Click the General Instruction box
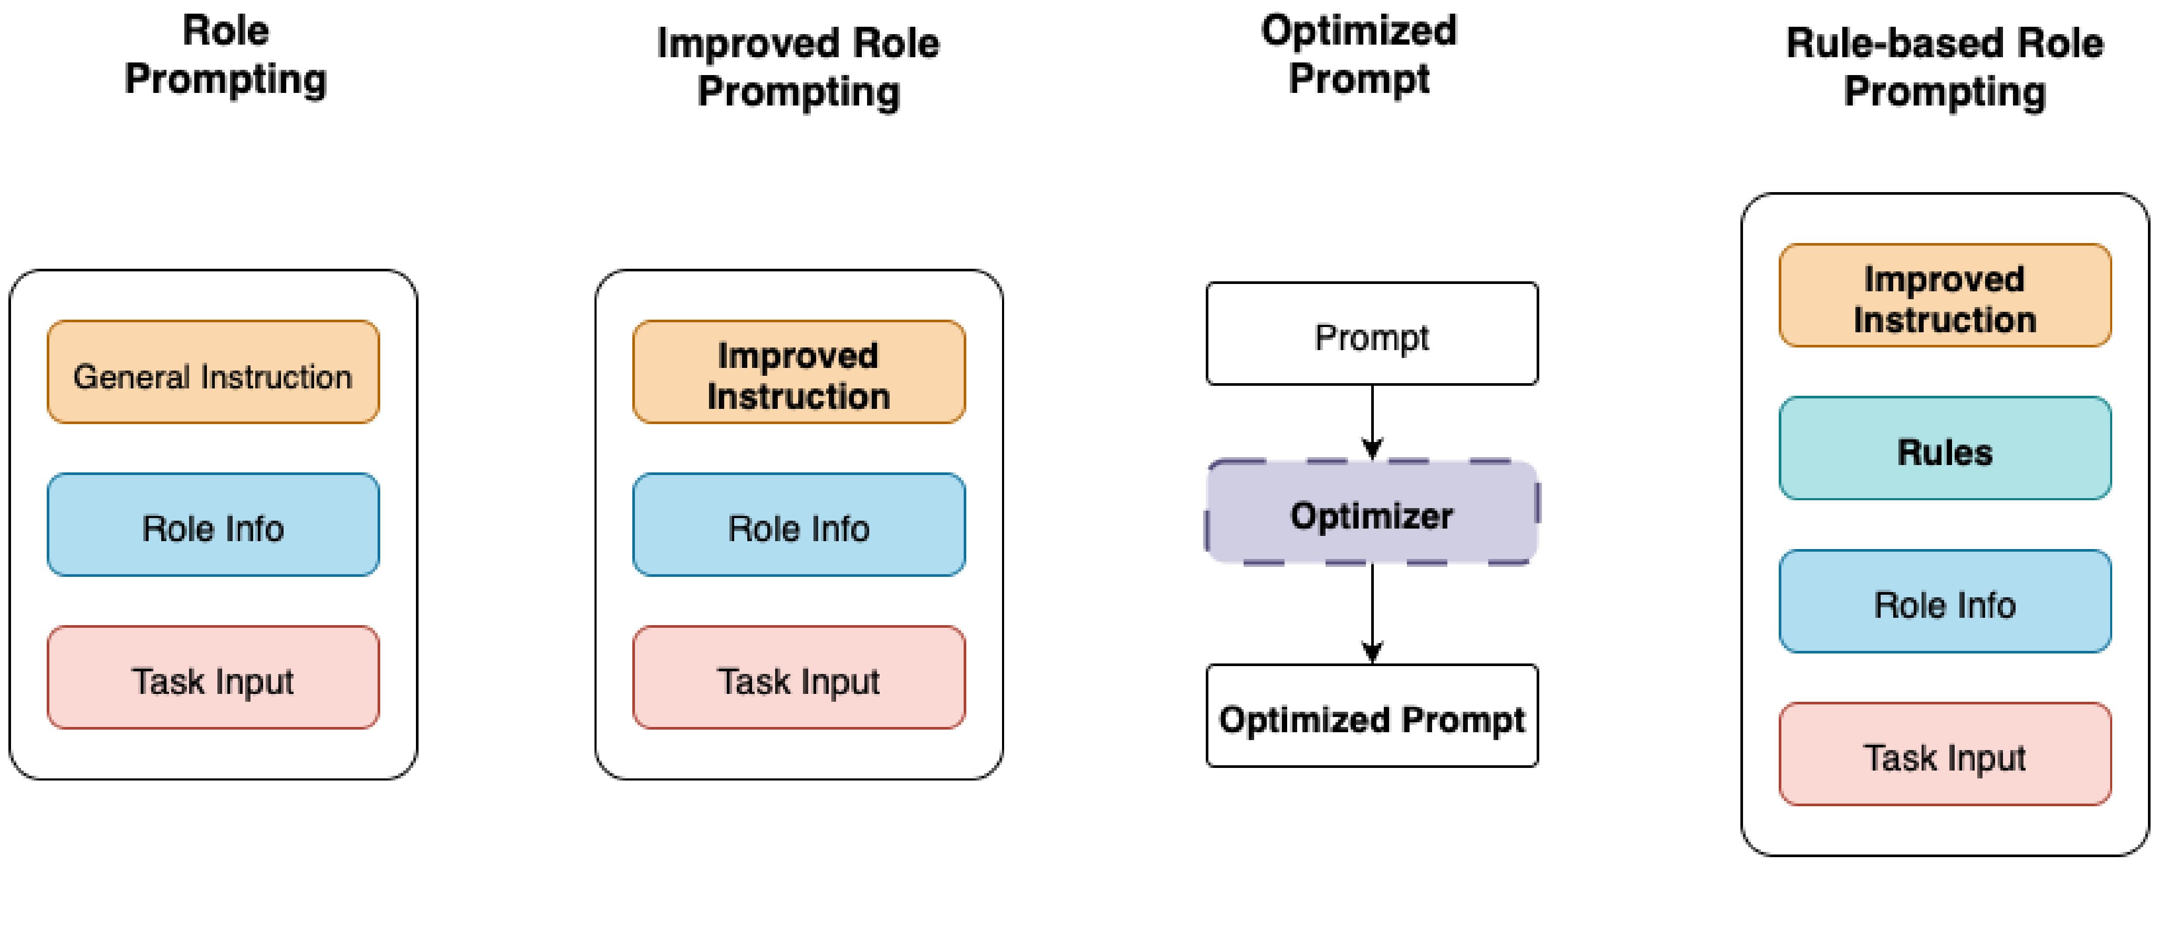213,372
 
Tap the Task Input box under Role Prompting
213,677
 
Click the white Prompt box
1372,334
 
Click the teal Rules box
1945,448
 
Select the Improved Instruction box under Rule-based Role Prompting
1945,295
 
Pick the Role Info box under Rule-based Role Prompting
1945,601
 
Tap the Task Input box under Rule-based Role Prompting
1945,754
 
